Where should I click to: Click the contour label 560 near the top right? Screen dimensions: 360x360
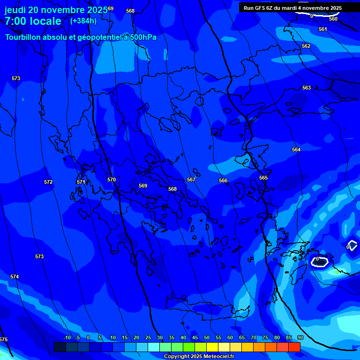pos(333,19)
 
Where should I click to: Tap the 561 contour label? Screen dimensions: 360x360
pos(322,29)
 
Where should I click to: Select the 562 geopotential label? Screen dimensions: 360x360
pos(306,46)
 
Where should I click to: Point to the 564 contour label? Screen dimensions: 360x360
pos(296,150)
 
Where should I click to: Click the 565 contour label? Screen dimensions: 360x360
pos(263,178)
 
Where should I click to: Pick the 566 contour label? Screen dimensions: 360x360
pos(223,180)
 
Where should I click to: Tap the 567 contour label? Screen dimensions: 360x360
pos(191,180)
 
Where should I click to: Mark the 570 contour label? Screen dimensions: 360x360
pos(111,180)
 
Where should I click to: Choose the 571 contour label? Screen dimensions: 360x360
pos(81,182)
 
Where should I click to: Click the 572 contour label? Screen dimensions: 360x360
pos(48,182)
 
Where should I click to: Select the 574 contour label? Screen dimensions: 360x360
pos(15,277)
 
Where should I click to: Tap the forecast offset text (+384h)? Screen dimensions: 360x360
pos(83,21)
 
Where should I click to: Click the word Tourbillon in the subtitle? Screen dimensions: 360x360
pos(24,37)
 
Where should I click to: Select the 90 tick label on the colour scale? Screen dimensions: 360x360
pos(300,337)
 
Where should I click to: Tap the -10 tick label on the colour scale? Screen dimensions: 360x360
pos(67,337)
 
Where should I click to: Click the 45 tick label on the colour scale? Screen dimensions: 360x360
pos(195,337)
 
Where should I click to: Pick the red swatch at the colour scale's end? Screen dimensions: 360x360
pos(294,347)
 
